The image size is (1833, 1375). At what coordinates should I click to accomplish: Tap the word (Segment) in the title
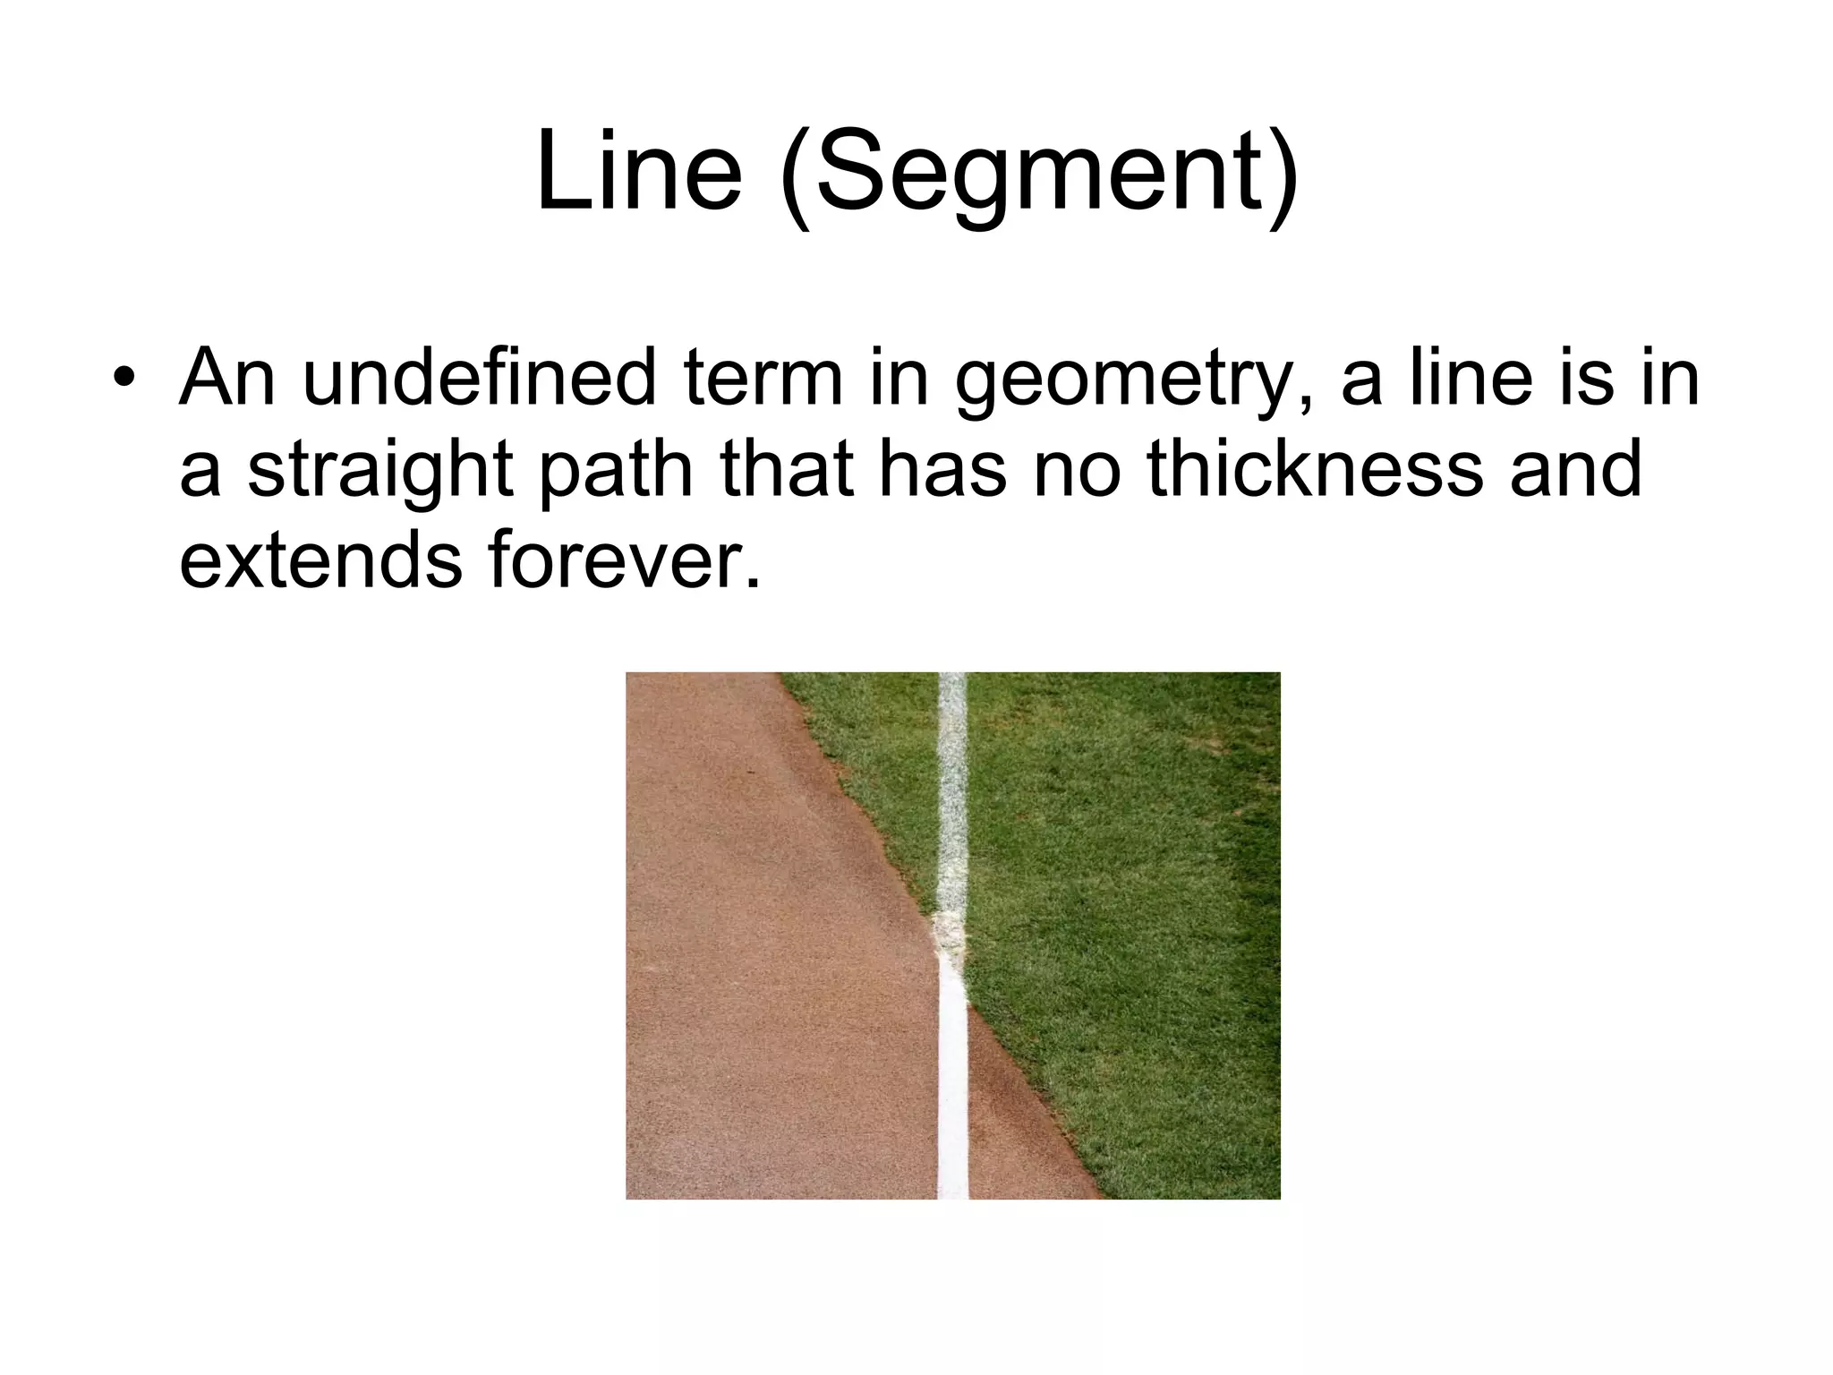pos(1038,175)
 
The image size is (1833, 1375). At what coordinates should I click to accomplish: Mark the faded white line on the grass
pos(952,788)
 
